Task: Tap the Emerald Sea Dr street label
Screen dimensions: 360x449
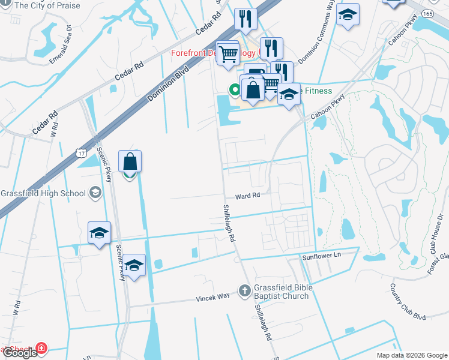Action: (x=61, y=43)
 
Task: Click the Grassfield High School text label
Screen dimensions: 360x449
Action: (x=43, y=193)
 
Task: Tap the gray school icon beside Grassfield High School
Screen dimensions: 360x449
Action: (x=95, y=193)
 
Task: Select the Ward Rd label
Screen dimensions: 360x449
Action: (x=247, y=196)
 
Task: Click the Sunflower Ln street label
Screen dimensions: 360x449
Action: (x=321, y=256)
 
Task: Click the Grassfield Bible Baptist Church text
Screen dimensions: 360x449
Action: (x=283, y=292)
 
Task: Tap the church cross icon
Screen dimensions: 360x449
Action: (x=244, y=292)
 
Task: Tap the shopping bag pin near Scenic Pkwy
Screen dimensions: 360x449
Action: (x=130, y=162)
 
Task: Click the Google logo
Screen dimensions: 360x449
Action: (x=20, y=353)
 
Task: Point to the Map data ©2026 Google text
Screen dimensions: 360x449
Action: (x=412, y=355)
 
